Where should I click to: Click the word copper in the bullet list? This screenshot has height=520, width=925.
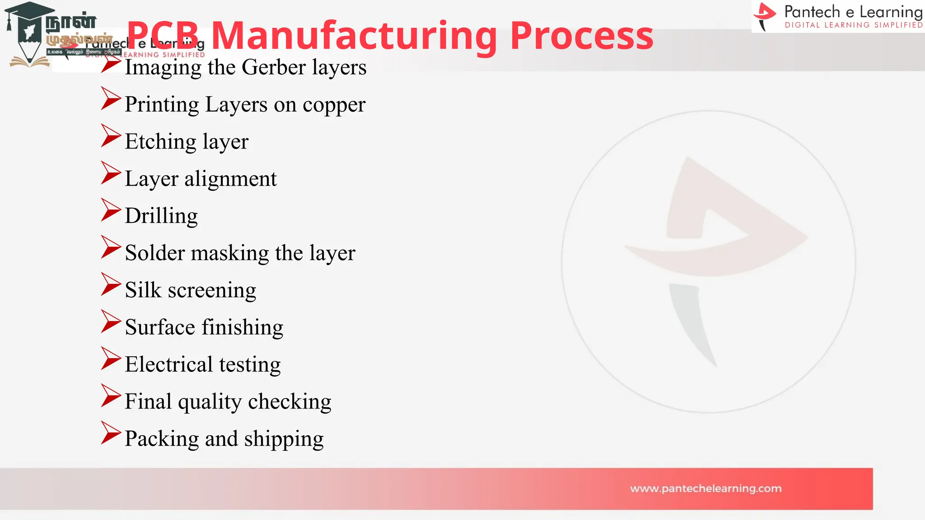tap(334, 105)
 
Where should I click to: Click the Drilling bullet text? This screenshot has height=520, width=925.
tap(161, 216)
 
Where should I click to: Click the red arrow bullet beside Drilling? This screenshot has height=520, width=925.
tap(111, 210)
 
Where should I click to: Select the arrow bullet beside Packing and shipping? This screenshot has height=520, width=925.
tap(111, 433)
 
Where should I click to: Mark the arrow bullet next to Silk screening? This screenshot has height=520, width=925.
tap(111, 284)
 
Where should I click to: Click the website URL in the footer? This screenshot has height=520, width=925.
tap(705, 488)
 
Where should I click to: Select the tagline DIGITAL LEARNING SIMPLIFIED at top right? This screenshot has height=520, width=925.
tap(854, 25)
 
